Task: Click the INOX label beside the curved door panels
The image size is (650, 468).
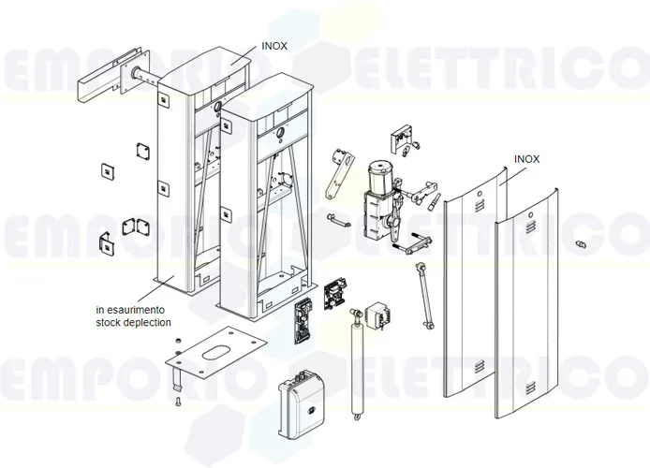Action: point(527,160)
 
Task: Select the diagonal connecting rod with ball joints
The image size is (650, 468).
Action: point(426,296)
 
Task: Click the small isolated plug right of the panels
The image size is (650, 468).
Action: point(580,245)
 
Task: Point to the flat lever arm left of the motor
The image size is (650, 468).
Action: point(337,174)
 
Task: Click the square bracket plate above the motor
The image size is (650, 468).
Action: point(403,138)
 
